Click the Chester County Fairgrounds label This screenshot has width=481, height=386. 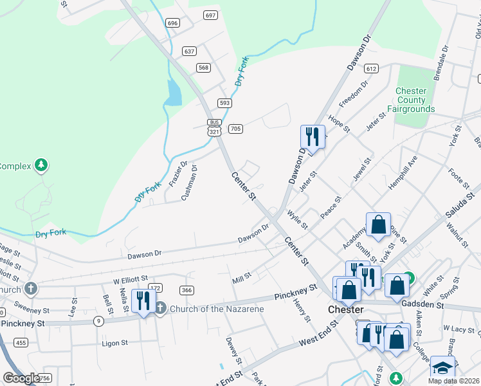[x=411, y=100]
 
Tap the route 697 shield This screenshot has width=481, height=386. [x=210, y=15]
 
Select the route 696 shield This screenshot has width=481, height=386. [x=172, y=23]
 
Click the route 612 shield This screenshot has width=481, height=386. [x=370, y=68]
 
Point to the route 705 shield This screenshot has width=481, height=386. [x=235, y=129]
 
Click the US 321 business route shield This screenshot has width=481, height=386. [x=214, y=127]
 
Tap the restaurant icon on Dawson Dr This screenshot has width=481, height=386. [x=312, y=136]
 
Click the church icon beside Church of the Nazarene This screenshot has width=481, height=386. [x=161, y=309]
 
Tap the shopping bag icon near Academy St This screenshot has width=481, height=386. [x=379, y=225]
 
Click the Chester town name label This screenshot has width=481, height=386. [x=346, y=309]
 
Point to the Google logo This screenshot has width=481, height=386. [x=21, y=378]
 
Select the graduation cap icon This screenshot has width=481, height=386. [x=442, y=368]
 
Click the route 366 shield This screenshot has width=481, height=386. [x=186, y=290]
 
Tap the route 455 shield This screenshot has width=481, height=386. [x=21, y=343]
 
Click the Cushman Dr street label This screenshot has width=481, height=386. [x=189, y=183]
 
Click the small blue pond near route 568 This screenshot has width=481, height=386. [x=173, y=94]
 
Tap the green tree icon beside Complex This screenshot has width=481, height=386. [x=42, y=165]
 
